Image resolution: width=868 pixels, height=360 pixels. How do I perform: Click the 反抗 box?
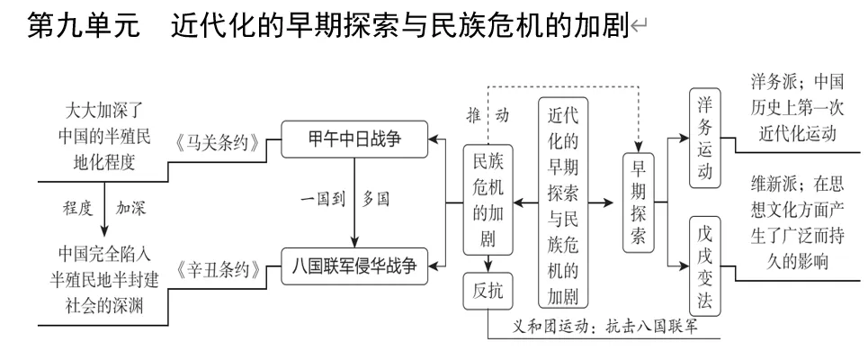(488, 290)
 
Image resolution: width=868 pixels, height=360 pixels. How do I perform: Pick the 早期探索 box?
(638, 202)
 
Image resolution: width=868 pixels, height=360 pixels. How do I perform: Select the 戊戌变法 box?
(705, 266)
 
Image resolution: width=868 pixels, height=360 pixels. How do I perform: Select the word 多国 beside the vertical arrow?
(376, 200)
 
